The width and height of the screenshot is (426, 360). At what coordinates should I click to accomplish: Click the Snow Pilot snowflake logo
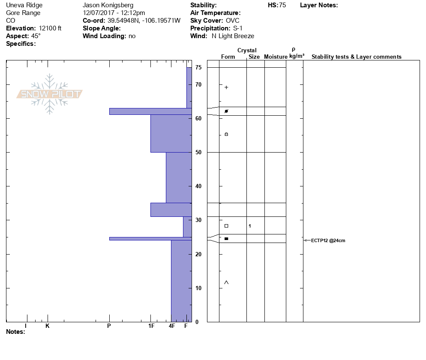[49, 94]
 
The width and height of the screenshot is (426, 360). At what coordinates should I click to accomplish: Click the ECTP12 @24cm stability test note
[328, 240]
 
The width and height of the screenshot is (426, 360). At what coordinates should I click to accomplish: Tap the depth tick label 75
[198, 67]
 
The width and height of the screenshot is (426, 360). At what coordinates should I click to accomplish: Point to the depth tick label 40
[198, 186]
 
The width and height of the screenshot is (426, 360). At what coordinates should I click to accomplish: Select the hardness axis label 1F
[151, 326]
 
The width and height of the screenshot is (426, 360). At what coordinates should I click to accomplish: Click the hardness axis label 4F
[172, 326]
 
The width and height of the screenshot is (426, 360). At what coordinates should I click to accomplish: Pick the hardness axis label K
[47, 326]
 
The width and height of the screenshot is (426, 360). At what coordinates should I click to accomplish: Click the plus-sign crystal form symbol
[226, 87]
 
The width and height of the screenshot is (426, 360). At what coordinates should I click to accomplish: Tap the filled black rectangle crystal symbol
[226, 239]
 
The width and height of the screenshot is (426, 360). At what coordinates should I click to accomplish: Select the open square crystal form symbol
[226, 226]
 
